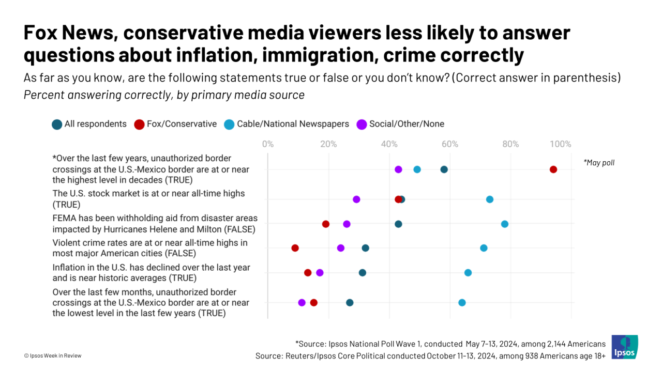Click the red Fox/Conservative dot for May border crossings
tap(553, 169)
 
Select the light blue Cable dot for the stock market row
tap(489, 199)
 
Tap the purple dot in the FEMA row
tap(347, 224)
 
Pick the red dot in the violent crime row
tap(295, 248)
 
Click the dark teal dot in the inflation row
tap(362, 272)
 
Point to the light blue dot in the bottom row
tap(462, 302)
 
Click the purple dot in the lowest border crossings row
tap(302, 302)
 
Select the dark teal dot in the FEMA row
tap(398, 224)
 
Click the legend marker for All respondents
tap(57, 124)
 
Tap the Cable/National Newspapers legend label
tap(293, 124)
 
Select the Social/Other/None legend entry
tap(407, 124)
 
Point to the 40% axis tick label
tap(389, 144)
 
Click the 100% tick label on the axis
tap(560, 144)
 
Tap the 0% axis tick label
tap(268, 144)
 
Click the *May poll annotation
tap(599, 163)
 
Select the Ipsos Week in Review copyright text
tap(53, 355)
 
